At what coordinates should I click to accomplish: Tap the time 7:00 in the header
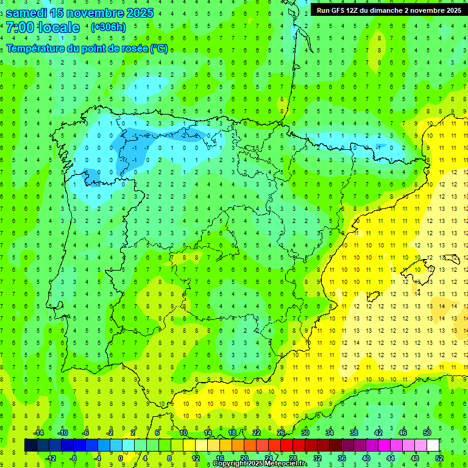pos(19,27)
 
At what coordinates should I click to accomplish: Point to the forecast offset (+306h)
pos(108,27)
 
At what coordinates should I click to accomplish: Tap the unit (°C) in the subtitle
pos(159,48)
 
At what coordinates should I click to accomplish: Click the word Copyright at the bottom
pos(229,464)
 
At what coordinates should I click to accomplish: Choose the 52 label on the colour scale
pos(439,458)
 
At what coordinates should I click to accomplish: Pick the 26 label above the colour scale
pos(281,433)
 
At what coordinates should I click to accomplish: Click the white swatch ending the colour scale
pos(433,445)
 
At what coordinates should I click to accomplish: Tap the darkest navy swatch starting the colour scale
pos(31,445)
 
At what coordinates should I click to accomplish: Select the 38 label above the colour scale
pos(354,433)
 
